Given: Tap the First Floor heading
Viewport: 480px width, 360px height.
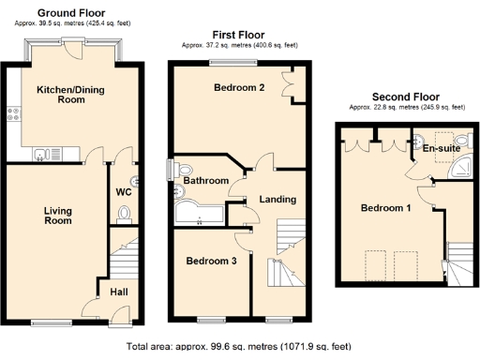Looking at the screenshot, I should pos(237,33).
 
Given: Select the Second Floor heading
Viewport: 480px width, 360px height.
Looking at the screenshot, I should pos(405,96).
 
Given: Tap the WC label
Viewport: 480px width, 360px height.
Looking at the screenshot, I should pos(122,191).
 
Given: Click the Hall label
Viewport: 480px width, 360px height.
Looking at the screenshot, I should pos(119,292).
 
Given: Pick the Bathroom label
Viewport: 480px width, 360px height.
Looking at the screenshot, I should pos(205,180).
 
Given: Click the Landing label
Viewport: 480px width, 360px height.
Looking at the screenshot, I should pos(277,199).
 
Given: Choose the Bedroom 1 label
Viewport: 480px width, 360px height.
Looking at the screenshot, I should pos(385,208).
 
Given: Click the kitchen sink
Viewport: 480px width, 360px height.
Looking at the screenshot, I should pos(43,152).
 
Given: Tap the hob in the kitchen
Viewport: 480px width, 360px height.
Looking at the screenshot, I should pos(14,116).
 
